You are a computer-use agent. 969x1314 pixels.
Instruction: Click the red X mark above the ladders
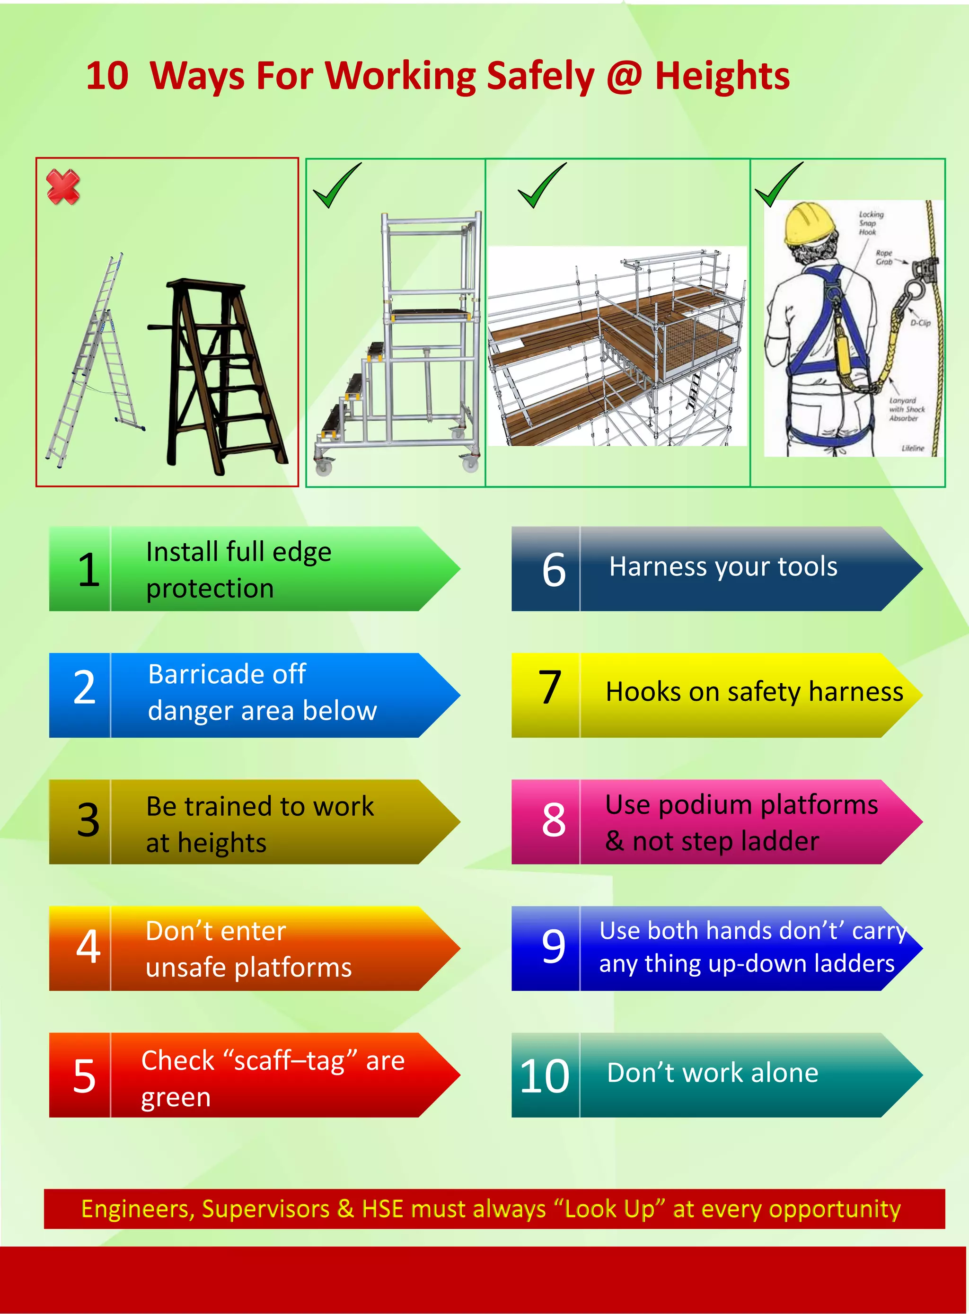click(x=63, y=187)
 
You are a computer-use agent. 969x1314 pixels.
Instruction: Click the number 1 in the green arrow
click(x=88, y=570)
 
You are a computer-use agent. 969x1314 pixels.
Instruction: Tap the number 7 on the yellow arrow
click(x=550, y=687)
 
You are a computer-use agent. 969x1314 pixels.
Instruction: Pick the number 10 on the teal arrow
click(x=544, y=1076)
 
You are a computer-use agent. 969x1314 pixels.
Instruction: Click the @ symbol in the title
click(x=624, y=76)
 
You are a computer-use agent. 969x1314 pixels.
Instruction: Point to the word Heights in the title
click(x=722, y=76)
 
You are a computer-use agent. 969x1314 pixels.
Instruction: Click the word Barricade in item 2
click(x=227, y=674)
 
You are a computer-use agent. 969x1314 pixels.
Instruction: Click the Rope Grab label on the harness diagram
click(x=884, y=257)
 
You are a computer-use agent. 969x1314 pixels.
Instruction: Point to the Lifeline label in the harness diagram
click(x=912, y=448)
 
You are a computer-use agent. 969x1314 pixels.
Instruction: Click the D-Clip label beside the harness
click(x=920, y=323)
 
